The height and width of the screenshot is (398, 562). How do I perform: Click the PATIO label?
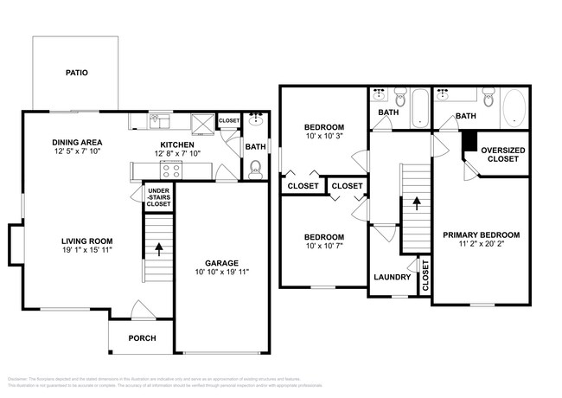[77, 73]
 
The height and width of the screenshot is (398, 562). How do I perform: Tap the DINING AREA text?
[79, 143]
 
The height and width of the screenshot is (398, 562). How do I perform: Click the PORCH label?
[142, 337]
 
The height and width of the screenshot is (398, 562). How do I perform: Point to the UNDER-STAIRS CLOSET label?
[157, 197]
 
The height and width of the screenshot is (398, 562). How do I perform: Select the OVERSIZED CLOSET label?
[501, 154]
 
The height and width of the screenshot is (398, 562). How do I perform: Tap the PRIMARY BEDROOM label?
[481, 234]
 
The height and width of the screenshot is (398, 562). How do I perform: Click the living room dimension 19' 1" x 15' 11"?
[86, 251]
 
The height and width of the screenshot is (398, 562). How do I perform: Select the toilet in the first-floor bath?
[255, 170]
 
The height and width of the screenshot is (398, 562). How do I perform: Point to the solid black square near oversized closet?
[469, 141]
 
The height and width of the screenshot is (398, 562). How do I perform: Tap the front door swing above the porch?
[138, 309]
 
